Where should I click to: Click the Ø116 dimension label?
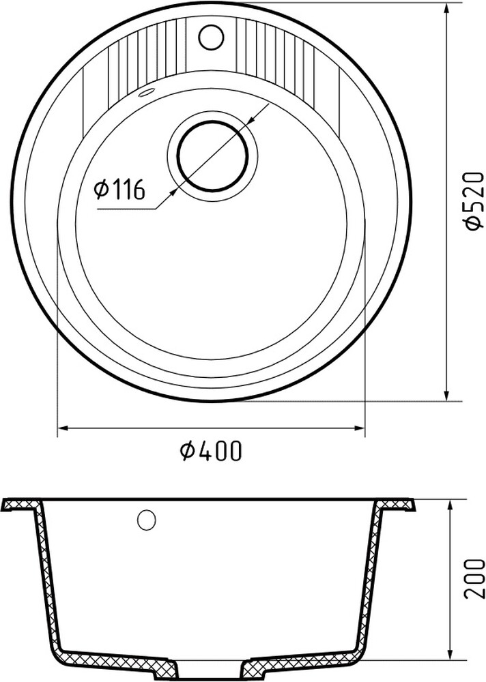(121, 189)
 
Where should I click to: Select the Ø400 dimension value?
(211, 451)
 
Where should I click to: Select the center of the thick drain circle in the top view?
(212, 155)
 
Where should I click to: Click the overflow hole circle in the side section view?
(146, 520)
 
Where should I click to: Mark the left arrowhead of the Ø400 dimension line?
(61, 428)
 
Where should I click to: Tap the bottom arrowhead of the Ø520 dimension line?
(448, 396)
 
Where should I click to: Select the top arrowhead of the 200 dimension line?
(451, 503)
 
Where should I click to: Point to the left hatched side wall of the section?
(46, 580)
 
